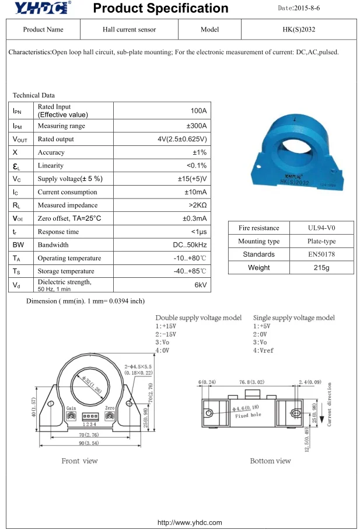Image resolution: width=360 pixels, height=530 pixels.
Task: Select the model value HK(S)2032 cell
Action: (297, 29)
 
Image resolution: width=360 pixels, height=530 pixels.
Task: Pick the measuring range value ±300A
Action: (196, 126)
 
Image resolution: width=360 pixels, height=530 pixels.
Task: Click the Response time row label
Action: (58, 232)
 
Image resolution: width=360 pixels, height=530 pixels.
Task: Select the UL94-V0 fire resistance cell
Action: (321, 228)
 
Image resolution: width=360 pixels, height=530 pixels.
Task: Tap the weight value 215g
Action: (321, 267)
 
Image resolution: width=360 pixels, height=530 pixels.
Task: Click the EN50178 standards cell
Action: (321, 254)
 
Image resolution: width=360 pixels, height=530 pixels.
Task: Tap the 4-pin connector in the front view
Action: (89, 416)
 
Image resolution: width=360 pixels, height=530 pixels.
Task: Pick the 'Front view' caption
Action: (80, 461)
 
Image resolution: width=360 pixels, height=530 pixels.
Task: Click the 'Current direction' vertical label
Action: (330, 404)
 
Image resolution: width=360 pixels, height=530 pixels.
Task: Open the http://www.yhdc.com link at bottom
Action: (181, 522)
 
